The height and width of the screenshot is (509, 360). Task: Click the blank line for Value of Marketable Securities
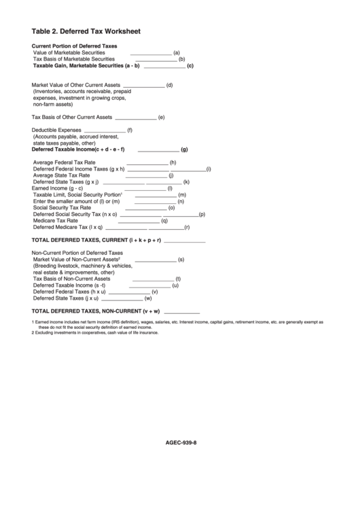click(x=151, y=53)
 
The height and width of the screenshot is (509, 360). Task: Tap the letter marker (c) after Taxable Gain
click(x=190, y=66)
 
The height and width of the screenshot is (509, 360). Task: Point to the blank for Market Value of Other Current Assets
click(x=143, y=86)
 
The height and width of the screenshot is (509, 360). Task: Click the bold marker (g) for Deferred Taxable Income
click(x=184, y=150)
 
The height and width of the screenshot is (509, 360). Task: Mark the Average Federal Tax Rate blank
click(x=147, y=164)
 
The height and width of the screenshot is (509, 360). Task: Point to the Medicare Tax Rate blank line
click(x=139, y=222)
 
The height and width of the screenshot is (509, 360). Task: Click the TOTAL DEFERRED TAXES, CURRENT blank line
click(x=184, y=242)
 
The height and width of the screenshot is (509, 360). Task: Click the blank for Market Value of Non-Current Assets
click(x=155, y=260)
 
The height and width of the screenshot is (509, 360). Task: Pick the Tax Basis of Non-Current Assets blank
click(x=153, y=279)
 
